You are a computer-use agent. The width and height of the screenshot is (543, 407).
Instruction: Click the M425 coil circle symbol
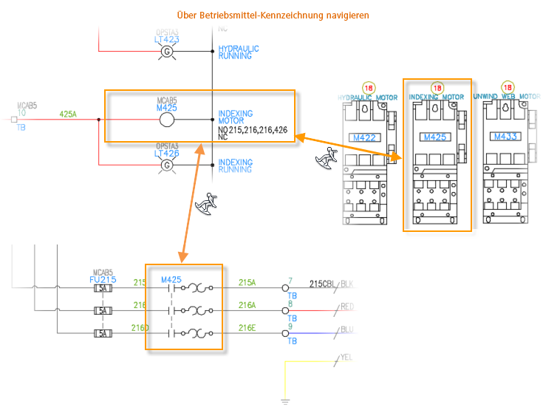(x=167, y=120)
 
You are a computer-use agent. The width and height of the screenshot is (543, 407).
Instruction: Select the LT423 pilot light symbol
(x=167, y=52)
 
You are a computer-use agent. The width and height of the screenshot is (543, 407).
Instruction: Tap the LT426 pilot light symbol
(x=167, y=165)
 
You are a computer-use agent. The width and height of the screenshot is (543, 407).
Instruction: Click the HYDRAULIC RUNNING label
(x=239, y=52)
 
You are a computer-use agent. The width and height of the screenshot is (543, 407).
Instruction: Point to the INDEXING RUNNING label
(x=235, y=166)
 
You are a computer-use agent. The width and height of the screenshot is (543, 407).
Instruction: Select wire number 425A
(x=68, y=114)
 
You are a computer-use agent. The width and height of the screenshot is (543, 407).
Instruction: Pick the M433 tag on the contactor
(x=505, y=137)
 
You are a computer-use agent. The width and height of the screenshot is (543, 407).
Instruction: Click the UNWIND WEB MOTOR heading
(x=507, y=97)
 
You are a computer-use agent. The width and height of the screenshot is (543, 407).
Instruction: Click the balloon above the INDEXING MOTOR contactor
(x=437, y=87)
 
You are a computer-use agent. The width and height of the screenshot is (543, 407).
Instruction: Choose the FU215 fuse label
(x=102, y=279)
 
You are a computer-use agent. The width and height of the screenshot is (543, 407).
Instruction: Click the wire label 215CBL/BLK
(x=332, y=284)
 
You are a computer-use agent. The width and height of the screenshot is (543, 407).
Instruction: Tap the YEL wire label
(x=346, y=358)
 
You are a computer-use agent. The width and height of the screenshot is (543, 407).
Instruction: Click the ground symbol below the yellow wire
(x=285, y=402)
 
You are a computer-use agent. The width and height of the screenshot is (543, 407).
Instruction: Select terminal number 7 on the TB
(x=290, y=280)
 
